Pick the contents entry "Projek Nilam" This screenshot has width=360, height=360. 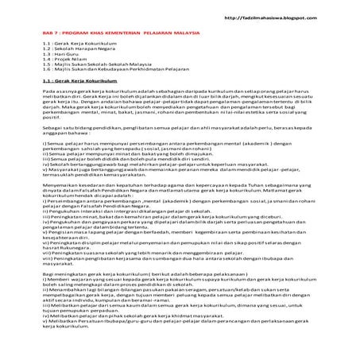click(x=71, y=64)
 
